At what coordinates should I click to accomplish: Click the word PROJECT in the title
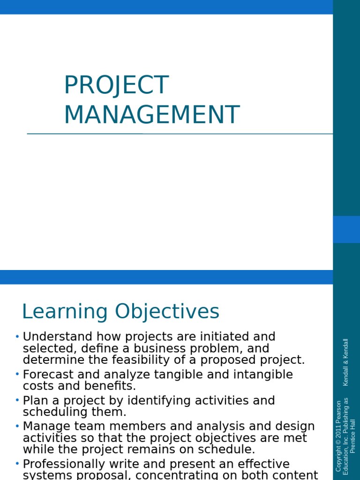click(x=116, y=85)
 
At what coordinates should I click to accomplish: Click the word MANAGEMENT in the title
click(x=151, y=115)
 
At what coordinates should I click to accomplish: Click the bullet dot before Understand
click(x=17, y=336)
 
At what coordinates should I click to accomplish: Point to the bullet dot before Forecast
click(x=17, y=374)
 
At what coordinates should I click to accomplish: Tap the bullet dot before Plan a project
click(x=17, y=400)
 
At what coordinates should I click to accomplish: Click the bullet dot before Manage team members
click(x=17, y=426)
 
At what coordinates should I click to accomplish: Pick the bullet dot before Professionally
click(x=17, y=464)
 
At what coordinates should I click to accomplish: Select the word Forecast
click(x=48, y=375)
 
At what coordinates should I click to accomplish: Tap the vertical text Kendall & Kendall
click(x=346, y=362)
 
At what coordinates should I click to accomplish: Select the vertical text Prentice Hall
click(x=353, y=436)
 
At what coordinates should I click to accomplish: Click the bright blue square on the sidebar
click(x=346, y=229)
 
